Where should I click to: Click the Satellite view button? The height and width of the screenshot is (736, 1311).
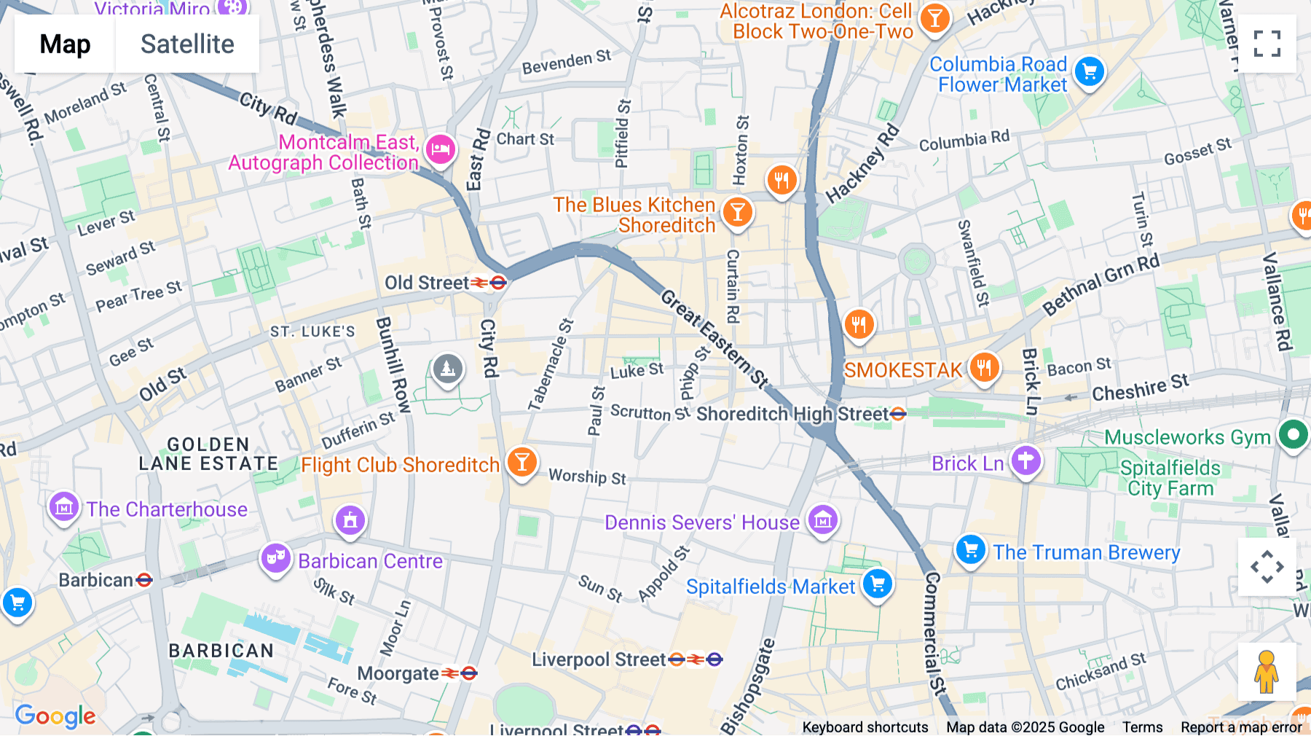point(187,44)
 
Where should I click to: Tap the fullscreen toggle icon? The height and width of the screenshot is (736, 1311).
point(1267,44)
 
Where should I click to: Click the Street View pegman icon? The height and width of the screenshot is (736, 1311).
point(1267,671)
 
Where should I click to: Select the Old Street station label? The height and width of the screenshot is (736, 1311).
point(427,283)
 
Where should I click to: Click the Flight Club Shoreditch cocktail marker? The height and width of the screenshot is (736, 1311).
point(521,462)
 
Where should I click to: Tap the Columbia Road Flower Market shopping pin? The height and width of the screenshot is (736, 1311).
point(1090,72)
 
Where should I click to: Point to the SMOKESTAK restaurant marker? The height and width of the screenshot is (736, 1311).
point(984,367)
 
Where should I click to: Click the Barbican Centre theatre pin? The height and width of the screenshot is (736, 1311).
point(275,558)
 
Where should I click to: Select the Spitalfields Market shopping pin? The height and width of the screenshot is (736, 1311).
point(877,584)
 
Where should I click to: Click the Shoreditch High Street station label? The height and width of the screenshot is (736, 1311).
point(792,414)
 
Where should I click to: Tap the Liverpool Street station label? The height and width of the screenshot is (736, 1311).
point(599,659)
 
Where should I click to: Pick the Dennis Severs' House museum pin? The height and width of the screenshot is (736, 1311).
point(823,520)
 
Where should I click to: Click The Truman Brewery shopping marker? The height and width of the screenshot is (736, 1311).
point(971,550)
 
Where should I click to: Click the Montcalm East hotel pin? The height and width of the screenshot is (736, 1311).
point(441,150)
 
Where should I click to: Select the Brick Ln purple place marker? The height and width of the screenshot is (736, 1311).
point(1025,461)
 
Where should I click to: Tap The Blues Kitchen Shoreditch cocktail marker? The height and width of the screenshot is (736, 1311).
point(737,212)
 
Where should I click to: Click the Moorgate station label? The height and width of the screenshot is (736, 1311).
point(398,673)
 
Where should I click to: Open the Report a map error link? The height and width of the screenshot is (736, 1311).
point(1241,727)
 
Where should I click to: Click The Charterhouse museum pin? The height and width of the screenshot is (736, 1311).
point(64,506)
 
